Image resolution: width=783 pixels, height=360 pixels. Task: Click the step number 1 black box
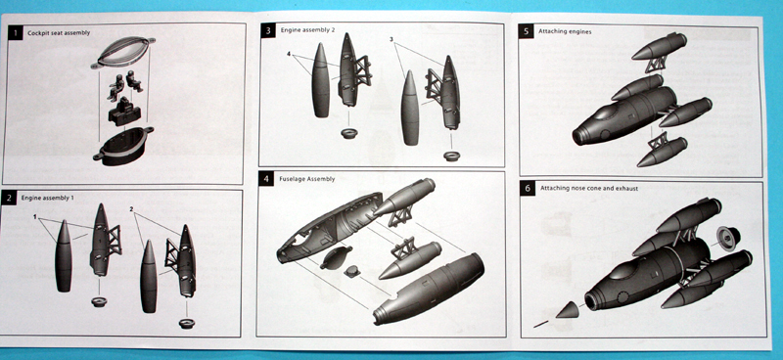click(16, 33)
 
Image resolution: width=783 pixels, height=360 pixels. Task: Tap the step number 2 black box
click(9, 198)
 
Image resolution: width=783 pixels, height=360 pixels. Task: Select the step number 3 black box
click(268, 31)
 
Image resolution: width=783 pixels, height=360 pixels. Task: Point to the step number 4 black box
click(265, 179)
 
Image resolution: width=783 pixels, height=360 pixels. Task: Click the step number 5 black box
click(527, 31)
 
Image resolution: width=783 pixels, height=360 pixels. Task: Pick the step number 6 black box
click(528, 188)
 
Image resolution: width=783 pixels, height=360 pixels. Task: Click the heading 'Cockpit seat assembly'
click(59, 33)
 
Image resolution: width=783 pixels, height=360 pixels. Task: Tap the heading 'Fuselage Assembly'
click(307, 179)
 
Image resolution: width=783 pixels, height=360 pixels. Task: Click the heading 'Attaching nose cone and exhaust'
click(589, 188)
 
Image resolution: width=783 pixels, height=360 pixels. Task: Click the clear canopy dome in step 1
click(123, 52)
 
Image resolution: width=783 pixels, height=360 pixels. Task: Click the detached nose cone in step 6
click(569, 310)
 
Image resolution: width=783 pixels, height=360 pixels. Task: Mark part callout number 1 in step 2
click(35, 217)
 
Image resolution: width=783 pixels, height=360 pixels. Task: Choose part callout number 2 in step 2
click(131, 209)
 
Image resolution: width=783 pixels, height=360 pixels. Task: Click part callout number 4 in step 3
click(289, 54)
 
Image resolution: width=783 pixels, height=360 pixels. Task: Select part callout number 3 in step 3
click(391, 39)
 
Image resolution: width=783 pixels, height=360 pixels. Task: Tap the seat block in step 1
click(125, 113)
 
